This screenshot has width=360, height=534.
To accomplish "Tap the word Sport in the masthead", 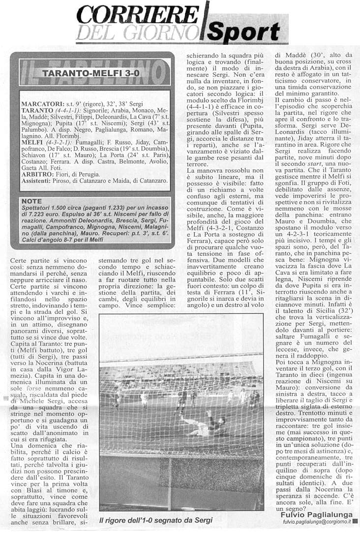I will coord(244,32).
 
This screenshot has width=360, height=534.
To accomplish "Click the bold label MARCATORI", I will coord(42,104).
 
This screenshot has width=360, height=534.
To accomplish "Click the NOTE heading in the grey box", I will coord(33,201).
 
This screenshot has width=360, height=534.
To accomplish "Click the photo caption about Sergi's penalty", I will coord(155,520).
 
